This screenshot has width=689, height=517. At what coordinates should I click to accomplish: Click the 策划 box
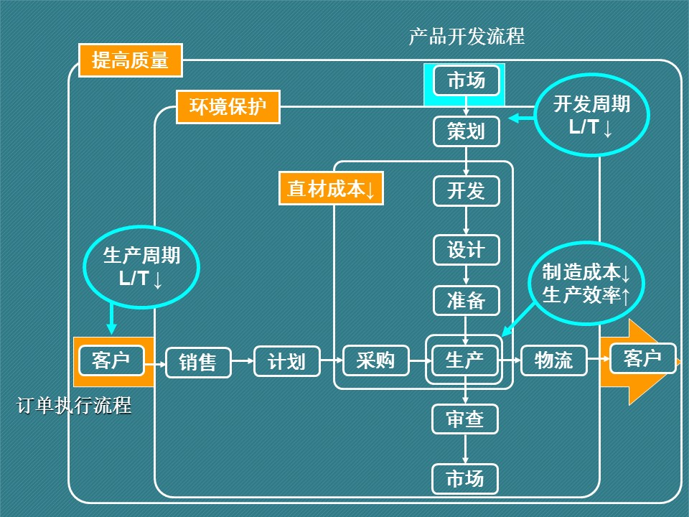(x=466, y=131)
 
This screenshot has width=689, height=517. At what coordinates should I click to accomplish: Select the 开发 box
(x=466, y=190)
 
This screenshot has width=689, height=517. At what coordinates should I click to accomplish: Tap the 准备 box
(x=466, y=301)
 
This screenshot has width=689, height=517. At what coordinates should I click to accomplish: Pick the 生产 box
(x=464, y=360)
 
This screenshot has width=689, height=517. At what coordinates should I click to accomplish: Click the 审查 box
(x=465, y=419)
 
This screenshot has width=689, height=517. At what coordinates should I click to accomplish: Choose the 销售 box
(x=198, y=363)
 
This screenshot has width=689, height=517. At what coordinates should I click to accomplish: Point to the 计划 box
(x=286, y=361)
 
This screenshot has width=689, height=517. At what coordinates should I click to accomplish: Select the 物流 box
(x=553, y=360)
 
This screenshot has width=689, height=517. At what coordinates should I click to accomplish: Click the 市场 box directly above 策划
(x=466, y=80)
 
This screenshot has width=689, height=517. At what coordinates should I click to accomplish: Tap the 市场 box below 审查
(x=465, y=478)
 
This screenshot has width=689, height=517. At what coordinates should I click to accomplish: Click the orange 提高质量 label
(x=130, y=60)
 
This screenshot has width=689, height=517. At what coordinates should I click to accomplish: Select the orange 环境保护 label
(x=228, y=107)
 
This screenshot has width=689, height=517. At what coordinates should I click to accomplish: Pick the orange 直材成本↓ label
(x=331, y=189)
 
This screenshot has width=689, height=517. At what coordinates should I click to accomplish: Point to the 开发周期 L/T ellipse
(x=591, y=116)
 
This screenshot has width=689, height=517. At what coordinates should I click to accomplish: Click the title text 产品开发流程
(x=467, y=36)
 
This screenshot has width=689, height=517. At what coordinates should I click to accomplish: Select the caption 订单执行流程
(x=74, y=406)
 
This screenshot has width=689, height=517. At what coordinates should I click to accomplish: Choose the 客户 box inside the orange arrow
(x=642, y=358)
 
